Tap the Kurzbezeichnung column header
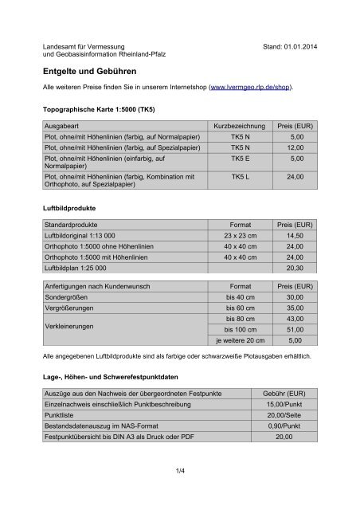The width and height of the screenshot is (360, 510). [240, 127]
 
